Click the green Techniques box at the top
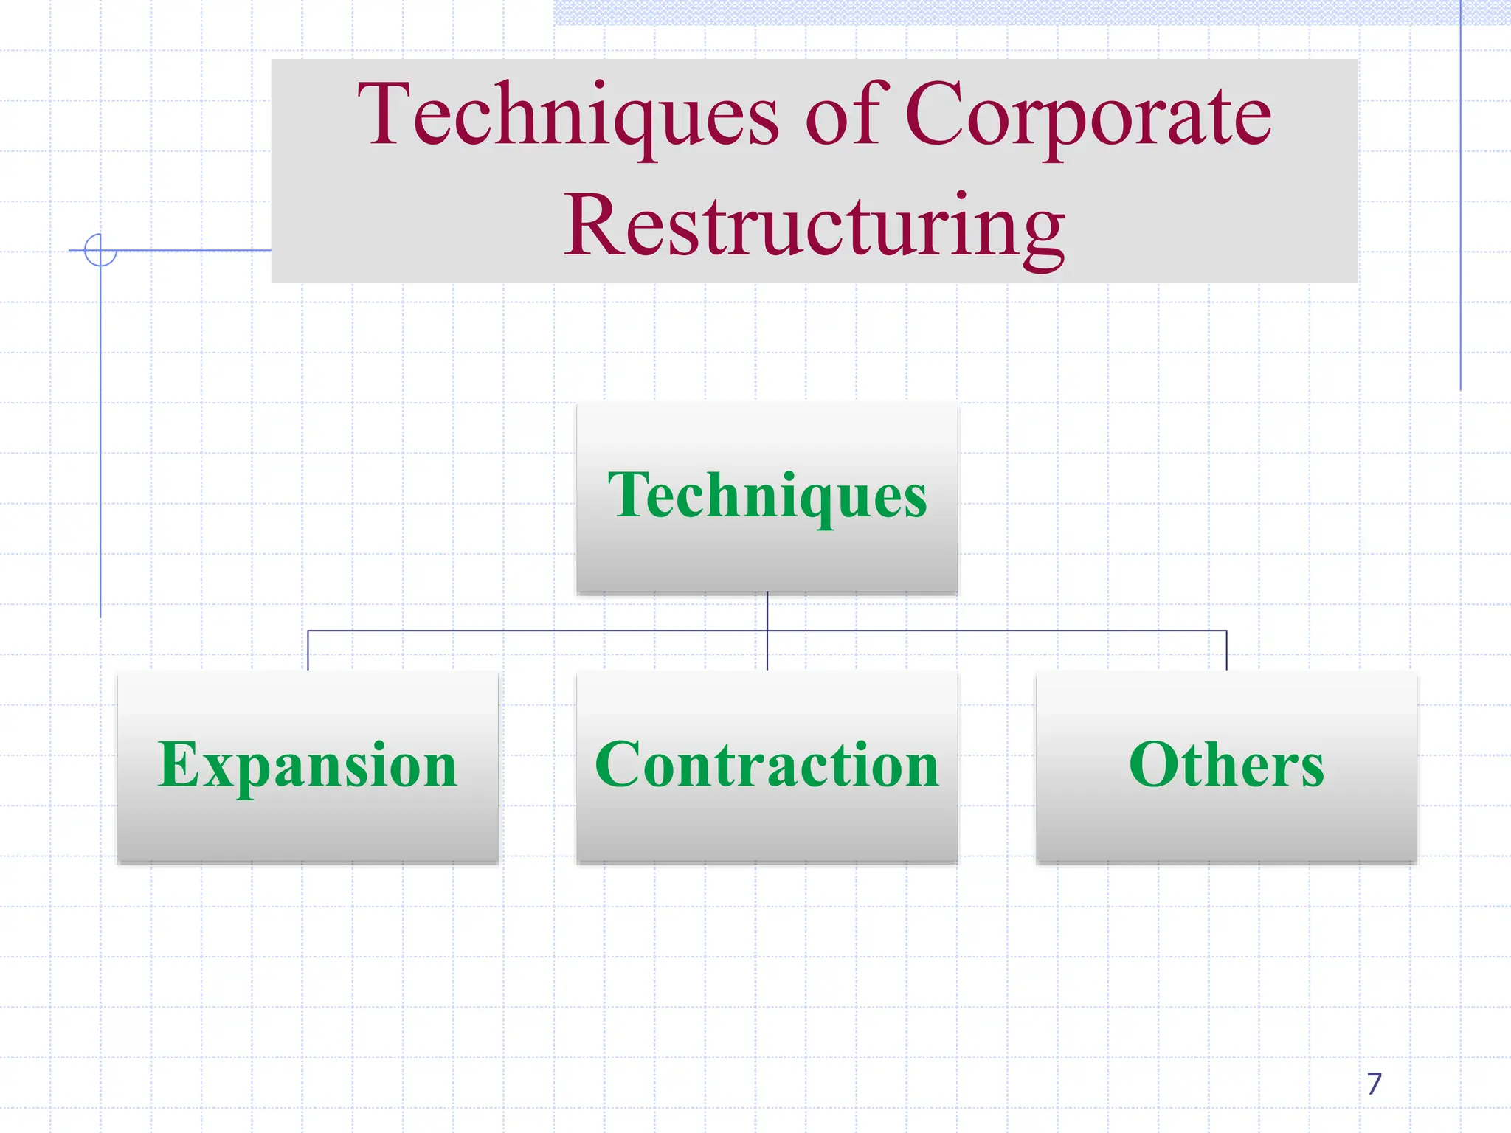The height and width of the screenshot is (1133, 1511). point(767,497)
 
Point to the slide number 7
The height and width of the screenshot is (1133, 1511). point(1374,1084)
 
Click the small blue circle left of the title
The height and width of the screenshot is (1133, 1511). point(100,249)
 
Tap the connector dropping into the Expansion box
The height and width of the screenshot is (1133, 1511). point(308,651)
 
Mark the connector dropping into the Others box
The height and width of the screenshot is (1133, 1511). point(1227,651)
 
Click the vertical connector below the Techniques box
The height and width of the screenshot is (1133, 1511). point(767,611)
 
